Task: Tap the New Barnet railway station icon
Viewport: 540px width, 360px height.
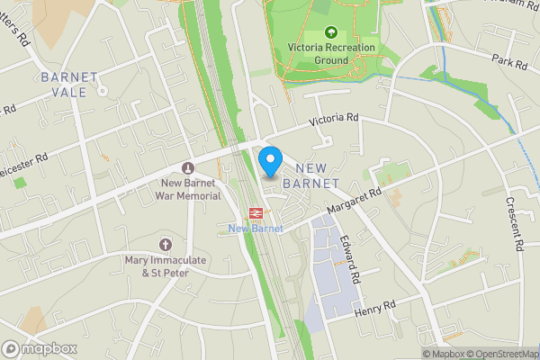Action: point(256,213)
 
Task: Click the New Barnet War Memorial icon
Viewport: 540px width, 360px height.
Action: point(187,167)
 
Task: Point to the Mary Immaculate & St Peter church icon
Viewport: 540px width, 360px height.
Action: point(166,245)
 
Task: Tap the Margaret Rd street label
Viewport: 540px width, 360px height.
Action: point(355,200)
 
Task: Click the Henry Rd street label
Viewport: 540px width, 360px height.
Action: point(375,309)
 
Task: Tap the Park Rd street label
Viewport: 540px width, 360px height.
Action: point(509,64)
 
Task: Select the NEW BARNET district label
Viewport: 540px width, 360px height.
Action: point(310,176)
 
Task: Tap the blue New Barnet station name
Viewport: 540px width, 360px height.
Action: point(256,229)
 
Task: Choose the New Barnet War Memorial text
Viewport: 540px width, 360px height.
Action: point(187,189)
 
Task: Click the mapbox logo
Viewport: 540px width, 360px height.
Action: point(40,348)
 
